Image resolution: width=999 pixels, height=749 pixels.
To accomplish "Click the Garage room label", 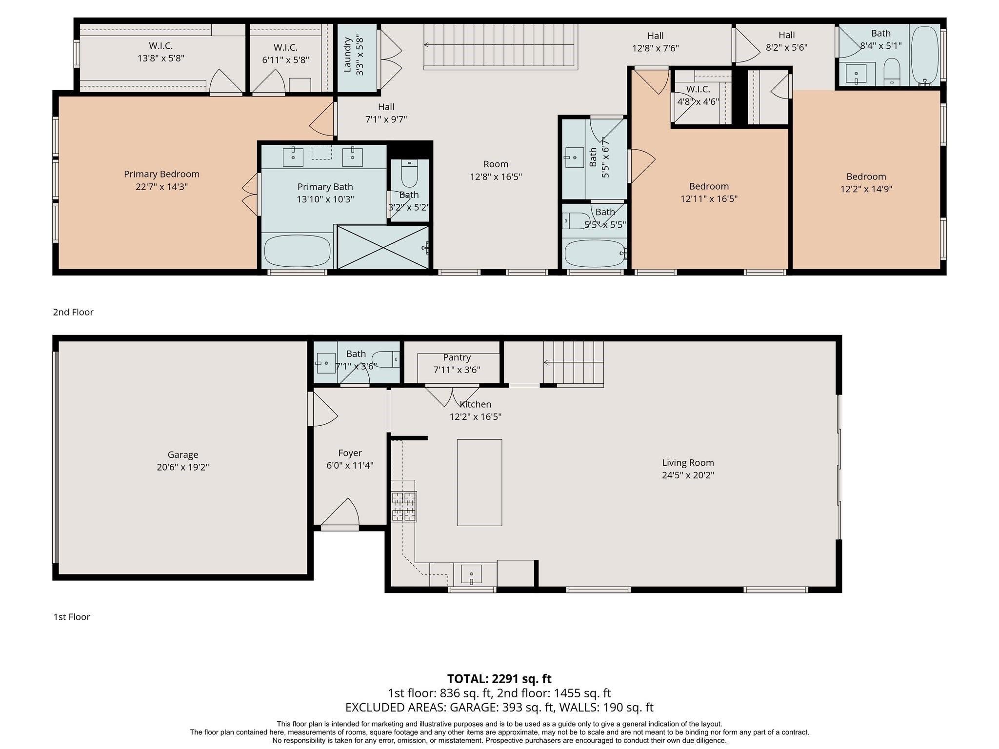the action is (x=183, y=454).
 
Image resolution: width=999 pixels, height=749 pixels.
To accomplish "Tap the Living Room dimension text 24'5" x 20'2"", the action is (x=688, y=475).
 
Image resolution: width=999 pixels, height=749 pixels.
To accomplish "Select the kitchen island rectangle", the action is (x=480, y=483).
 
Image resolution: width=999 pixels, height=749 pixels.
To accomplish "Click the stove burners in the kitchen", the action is (x=404, y=507).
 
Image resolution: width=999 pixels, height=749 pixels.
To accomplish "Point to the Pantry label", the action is (x=457, y=357).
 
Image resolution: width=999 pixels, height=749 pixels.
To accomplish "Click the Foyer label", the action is (x=350, y=453).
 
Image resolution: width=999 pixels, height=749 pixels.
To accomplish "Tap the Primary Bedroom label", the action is (x=161, y=174).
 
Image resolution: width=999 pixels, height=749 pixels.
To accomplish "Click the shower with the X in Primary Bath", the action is (x=383, y=247).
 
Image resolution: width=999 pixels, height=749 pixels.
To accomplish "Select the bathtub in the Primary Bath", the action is (x=297, y=251).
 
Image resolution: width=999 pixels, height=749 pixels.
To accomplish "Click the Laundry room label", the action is (x=347, y=55).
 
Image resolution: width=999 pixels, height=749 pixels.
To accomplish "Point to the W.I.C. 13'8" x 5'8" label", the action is (x=161, y=52).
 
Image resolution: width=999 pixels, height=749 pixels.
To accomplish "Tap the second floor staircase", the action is (x=500, y=47).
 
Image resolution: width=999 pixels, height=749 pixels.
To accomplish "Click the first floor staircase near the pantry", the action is (x=574, y=363).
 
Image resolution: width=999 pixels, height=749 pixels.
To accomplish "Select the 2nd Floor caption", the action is (x=73, y=312).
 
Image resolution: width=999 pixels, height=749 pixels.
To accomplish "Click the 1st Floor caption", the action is (x=72, y=617).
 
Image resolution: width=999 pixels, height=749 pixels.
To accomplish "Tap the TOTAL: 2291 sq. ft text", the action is (x=499, y=679).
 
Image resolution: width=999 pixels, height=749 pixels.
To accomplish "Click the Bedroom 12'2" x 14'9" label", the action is (x=866, y=183).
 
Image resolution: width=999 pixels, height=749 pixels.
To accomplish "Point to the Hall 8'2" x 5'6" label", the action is (x=786, y=41).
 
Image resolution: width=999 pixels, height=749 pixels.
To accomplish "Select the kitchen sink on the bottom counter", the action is (x=471, y=574).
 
